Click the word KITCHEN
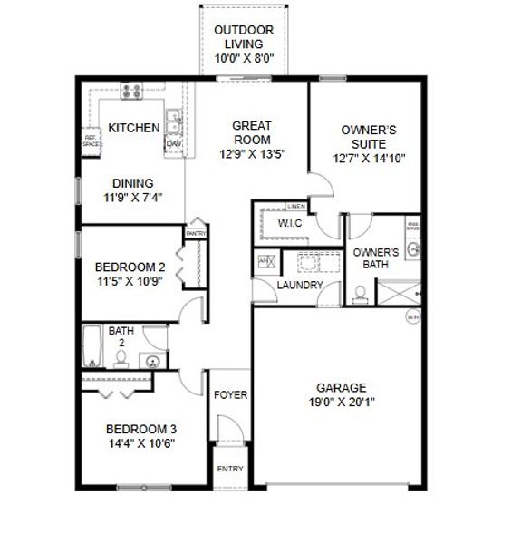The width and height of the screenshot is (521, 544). point(134,128)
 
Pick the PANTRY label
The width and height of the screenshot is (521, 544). point(196,233)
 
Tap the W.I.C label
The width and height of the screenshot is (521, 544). point(290,223)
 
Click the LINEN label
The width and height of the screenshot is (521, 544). point(294,207)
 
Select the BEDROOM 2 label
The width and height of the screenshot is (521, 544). point(130,267)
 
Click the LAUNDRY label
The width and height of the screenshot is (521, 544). point(300,285)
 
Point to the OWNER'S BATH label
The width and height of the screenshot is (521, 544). point(376,258)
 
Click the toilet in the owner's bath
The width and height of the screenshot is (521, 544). point(361,292)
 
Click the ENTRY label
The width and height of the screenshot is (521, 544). point(230,469)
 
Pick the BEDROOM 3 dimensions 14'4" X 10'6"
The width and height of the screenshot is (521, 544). point(140,443)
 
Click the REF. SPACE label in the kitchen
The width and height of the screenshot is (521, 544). point(91,141)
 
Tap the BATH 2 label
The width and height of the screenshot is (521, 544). point(121,337)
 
